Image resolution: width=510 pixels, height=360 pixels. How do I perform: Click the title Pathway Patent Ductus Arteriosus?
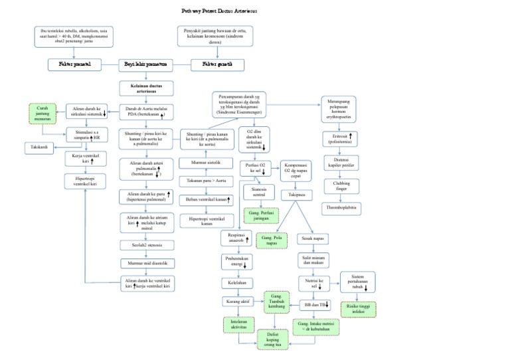click(218, 11)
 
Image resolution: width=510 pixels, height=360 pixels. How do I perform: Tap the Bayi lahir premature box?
click(145, 64)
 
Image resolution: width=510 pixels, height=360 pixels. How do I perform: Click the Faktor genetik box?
click(217, 64)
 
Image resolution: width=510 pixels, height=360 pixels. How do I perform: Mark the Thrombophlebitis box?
click(342, 207)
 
